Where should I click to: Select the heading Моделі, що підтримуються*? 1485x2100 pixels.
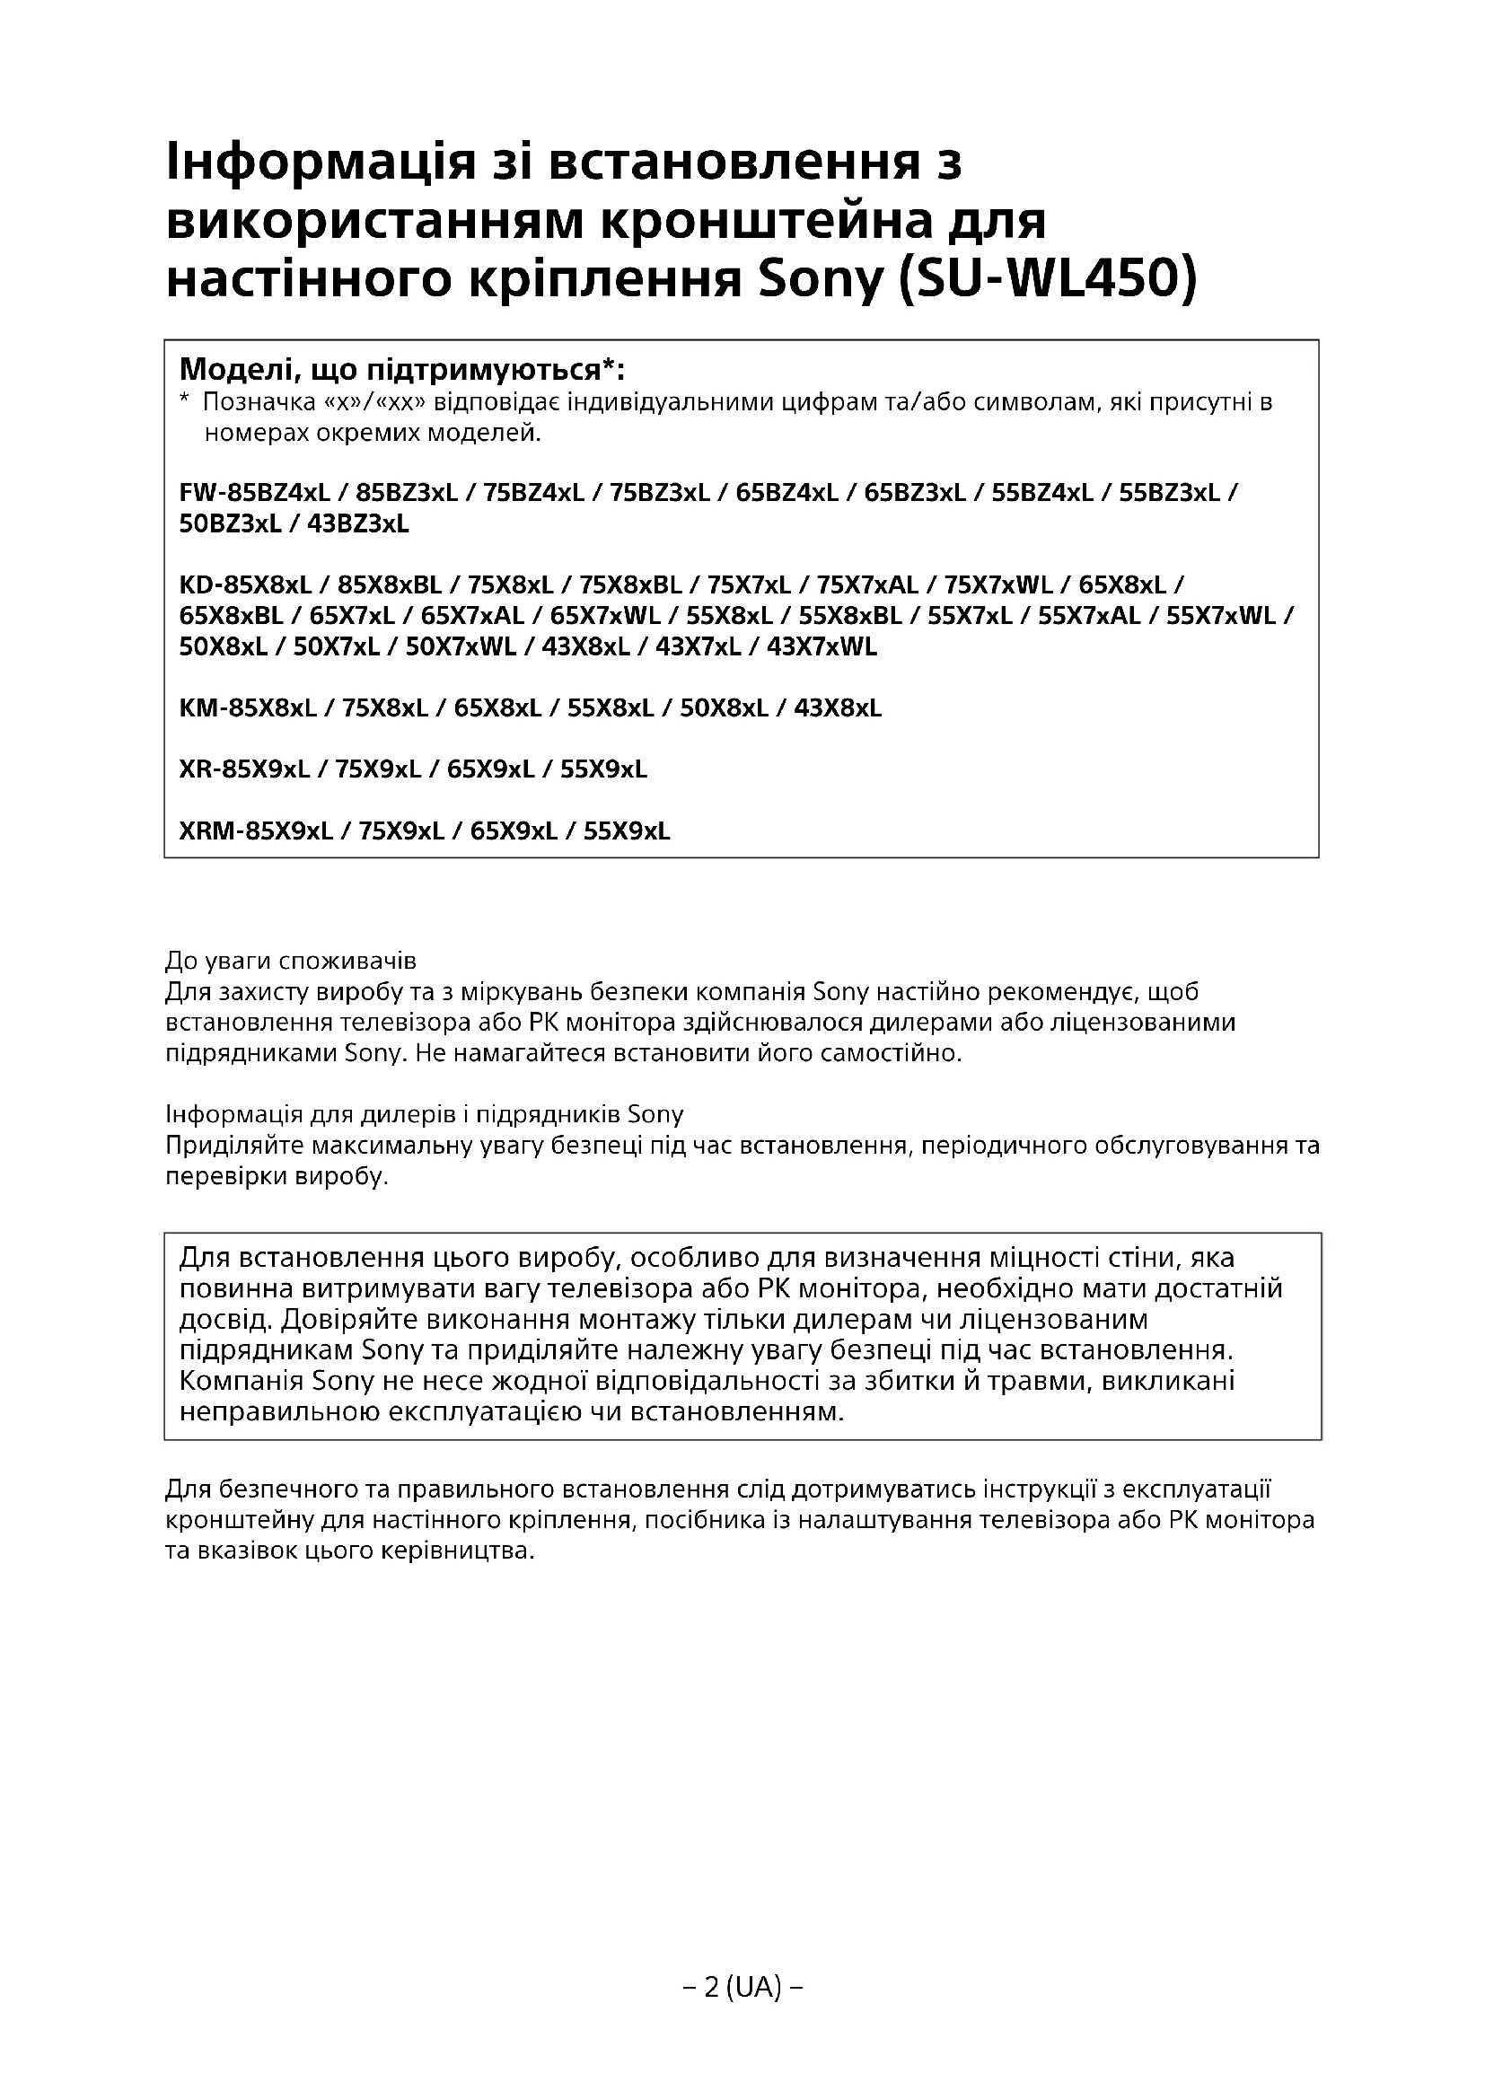tap(402, 371)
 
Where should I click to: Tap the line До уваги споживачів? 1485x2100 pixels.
tap(291, 962)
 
